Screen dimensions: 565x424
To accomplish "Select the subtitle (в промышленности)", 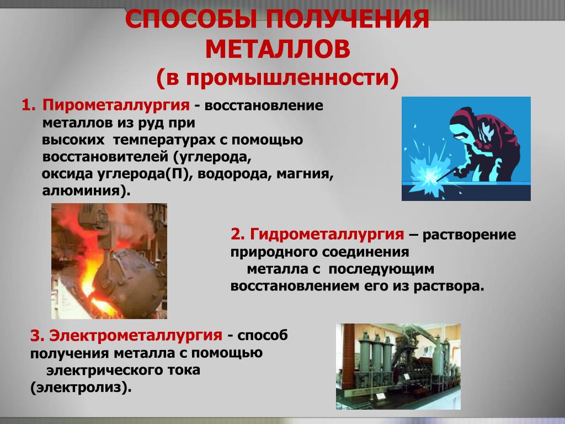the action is click(x=278, y=77).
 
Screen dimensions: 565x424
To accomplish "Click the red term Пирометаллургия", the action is click(x=116, y=105).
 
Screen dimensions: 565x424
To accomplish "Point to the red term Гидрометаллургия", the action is click(x=327, y=234).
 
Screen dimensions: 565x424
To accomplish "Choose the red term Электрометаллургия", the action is click(x=136, y=336).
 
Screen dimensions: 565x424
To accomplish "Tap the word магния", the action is click(x=305, y=174).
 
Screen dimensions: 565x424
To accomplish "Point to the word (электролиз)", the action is click(x=81, y=388).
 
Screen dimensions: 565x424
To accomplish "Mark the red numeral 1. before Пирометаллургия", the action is click(x=29, y=105).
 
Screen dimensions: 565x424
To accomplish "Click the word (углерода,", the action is click(x=211, y=157).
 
